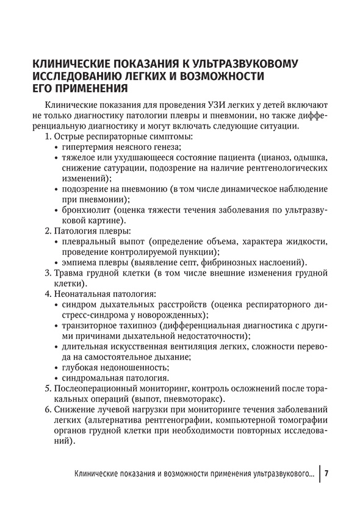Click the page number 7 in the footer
(x=327, y=474)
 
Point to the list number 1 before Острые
(x=47, y=137)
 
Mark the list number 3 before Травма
(x=48, y=274)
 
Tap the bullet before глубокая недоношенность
(x=56, y=368)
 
